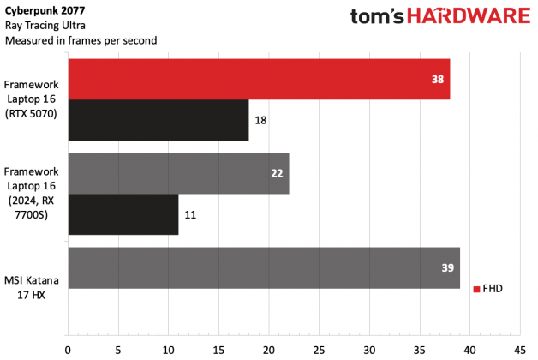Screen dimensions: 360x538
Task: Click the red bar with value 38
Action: click(x=257, y=79)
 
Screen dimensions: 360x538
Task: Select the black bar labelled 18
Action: click(x=157, y=121)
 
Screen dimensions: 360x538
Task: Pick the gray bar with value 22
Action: click(x=177, y=173)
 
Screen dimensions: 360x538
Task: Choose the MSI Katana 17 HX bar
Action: click(x=263, y=267)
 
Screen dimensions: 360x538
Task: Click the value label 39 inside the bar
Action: click(x=447, y=267)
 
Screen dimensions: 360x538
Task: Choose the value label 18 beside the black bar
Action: click(x=261, y=121)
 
